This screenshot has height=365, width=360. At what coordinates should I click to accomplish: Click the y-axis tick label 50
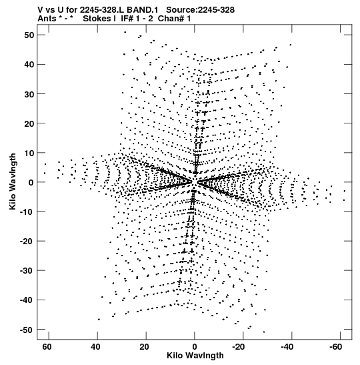pos(29,35)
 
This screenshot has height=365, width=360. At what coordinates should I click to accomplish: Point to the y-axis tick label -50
pos(27,330)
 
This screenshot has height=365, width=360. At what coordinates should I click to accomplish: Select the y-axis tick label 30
pos(29,94)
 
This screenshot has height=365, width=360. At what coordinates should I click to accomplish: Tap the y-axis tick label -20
pos(27,242)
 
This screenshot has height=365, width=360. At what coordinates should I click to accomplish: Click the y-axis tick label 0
pos(31,183)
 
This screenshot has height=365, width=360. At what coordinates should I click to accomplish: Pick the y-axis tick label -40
pos(27,300)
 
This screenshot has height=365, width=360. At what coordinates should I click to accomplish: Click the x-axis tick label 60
pos(47,347)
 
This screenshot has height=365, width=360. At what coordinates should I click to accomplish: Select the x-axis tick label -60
pos(335,347)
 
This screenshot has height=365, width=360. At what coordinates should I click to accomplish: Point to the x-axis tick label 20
pos(144,347)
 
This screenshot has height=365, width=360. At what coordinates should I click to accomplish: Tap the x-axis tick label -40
pos(287,347)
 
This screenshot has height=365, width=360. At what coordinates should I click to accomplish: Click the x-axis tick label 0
pos(195,347)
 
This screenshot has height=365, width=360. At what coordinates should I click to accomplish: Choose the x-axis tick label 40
pos(95,347)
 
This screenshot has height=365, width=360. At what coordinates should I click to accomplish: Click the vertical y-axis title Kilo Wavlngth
pos(13,181)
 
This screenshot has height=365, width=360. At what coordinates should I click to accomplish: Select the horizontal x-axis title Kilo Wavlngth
pos(195,356)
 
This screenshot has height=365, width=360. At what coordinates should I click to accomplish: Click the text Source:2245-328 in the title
pos(200,10)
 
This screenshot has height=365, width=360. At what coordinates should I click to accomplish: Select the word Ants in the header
pos(47,19)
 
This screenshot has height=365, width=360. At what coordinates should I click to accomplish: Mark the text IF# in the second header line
pos(127,19)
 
